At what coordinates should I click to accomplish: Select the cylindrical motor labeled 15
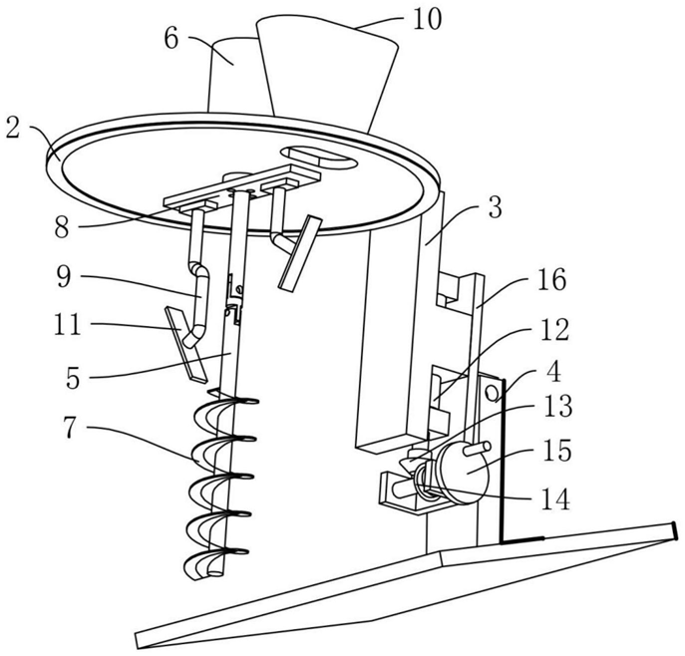pyautogui.click(x=460, y=471)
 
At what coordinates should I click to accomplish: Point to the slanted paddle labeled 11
pyautogui.click(x=185, y=345)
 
